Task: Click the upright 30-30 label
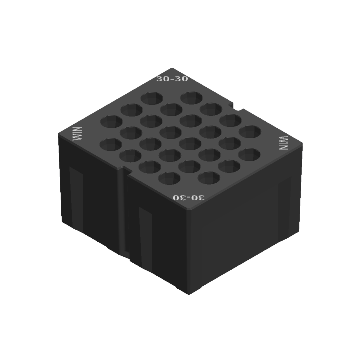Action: [x=172, y=79]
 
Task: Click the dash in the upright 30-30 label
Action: [x=172, y=79]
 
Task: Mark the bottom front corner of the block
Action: [x=189, y=294]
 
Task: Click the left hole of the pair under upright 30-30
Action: [x=152, y=97]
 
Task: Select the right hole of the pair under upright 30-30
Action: [x=192, y=97]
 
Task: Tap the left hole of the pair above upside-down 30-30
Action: [x=169, y=178]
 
